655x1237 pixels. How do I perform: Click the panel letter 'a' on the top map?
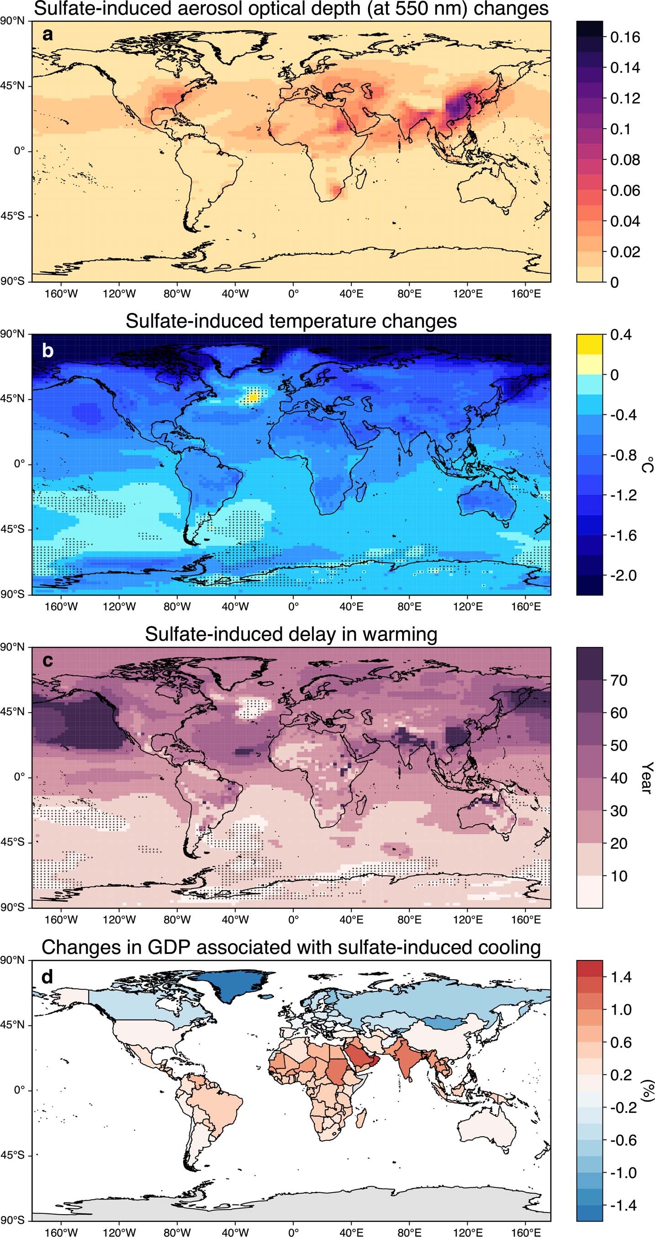[x=47, y=35]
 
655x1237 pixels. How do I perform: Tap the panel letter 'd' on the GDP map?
[x=47, y=977]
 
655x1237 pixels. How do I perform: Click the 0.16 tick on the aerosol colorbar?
[x=625, y=37]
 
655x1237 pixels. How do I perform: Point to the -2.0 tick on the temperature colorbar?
[x=623, y=575]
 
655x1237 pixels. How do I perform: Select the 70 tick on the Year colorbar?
[x=618, y=680]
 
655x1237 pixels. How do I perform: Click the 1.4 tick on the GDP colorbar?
[x=621, y=977]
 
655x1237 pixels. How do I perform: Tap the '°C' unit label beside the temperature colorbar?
[x=647, y=465]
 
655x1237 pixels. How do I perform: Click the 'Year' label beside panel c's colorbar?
[x=647, y=778]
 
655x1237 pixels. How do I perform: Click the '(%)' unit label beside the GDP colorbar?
[x=647, y=1090]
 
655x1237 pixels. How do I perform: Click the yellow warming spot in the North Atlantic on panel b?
[x=253, y=397]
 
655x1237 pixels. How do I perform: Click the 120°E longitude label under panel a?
[x=467, y=293]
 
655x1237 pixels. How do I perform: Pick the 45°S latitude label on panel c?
[x=12, y=842]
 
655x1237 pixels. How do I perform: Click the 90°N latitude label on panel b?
[x=12, y=334]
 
